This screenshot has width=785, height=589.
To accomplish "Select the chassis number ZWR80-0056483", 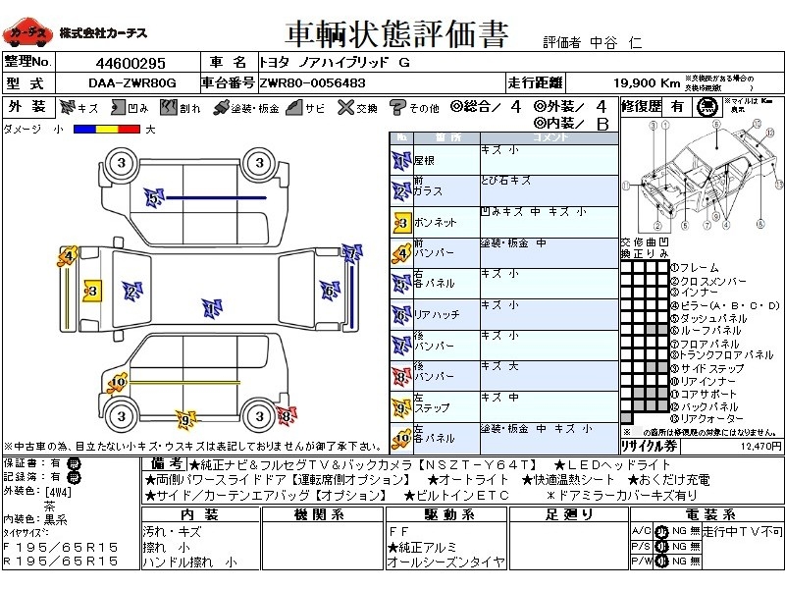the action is click(x=313, y=83).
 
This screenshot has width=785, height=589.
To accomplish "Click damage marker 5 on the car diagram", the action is click(x=153, y=199).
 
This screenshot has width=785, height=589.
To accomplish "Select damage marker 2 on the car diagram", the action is click(x=131, y=291).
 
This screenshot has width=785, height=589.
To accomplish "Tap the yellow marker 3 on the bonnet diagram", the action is click(x=91, y=292).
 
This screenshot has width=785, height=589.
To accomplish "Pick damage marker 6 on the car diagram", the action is click(x=328, y=291).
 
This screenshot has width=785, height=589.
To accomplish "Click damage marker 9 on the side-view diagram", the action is click(x=183, y=420).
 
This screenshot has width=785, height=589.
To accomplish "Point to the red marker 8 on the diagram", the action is click(x=285, y=416).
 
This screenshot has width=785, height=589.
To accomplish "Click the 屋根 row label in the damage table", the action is click(x=426, y=158).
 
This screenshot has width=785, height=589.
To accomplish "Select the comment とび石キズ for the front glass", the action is click(x=506, y=182).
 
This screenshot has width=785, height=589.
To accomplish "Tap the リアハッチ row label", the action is click(x=436, y=314).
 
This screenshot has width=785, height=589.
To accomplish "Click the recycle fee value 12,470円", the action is click(x=759, y=445).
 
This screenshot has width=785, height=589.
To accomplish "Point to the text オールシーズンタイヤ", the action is click(x=445, y=562).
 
